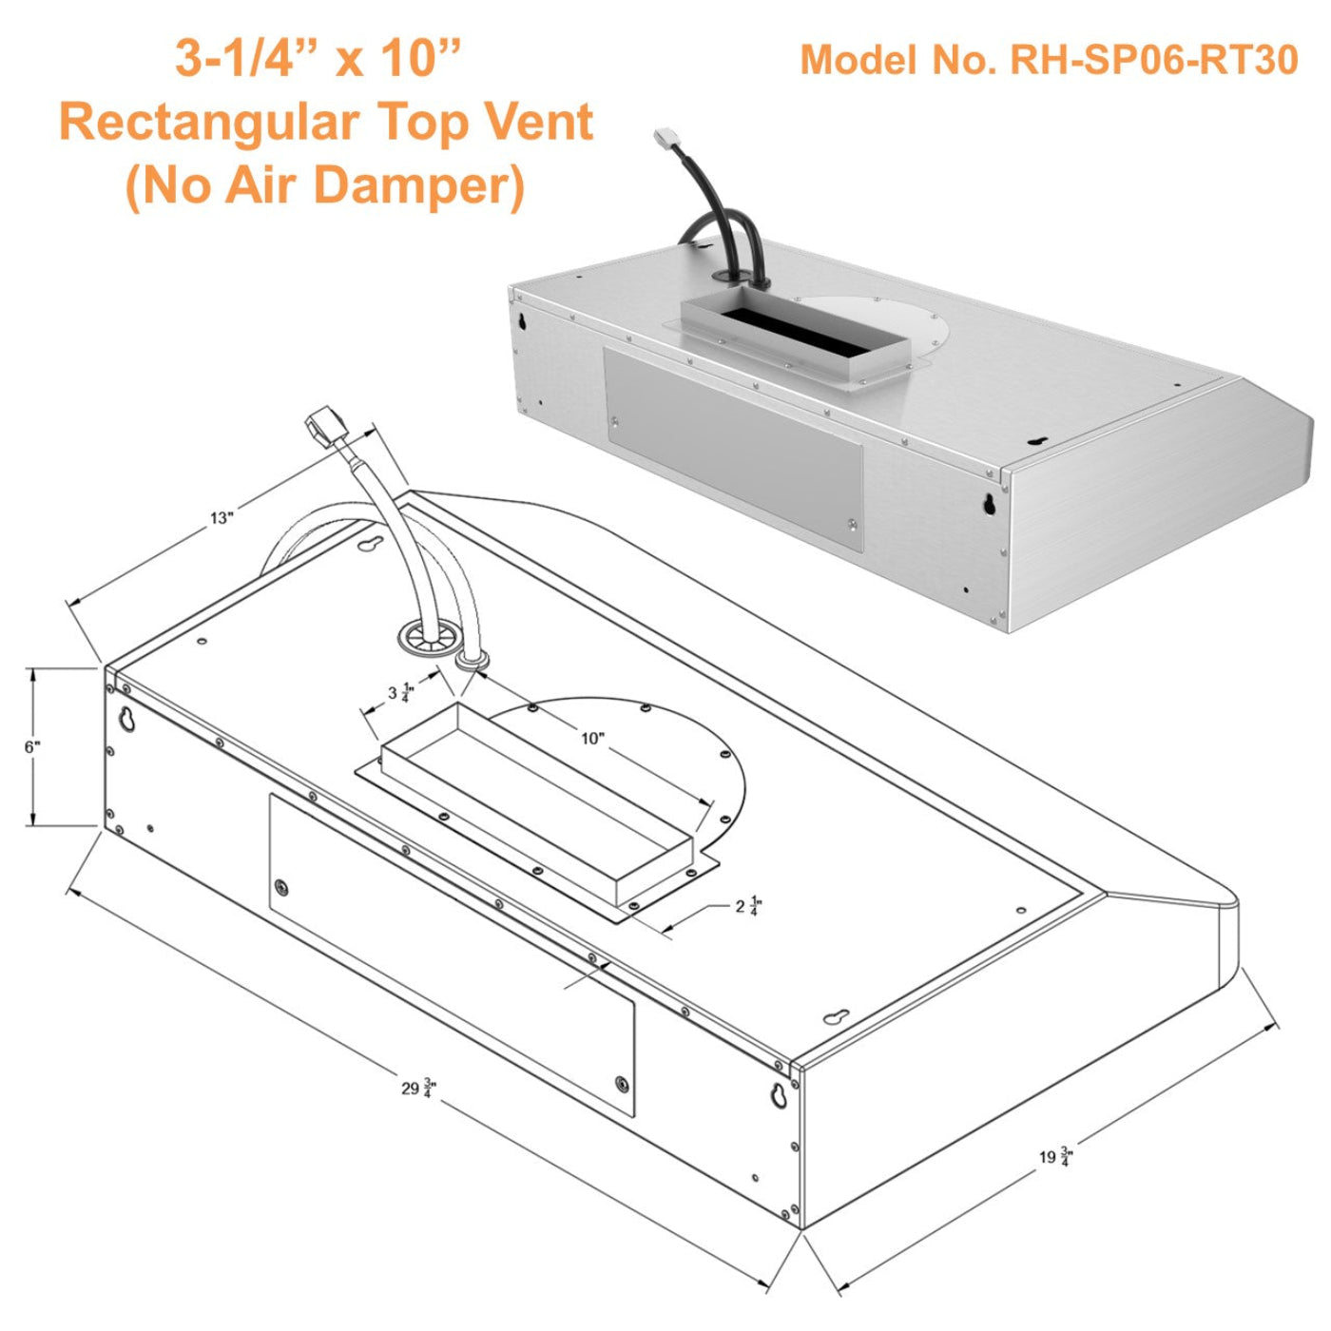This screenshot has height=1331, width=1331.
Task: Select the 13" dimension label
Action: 222,518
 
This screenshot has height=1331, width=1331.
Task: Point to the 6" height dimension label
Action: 32,746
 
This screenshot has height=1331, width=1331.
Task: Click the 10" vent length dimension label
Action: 592,738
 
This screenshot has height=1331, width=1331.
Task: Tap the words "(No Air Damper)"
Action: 324,184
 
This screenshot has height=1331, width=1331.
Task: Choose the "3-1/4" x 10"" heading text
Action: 318,59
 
